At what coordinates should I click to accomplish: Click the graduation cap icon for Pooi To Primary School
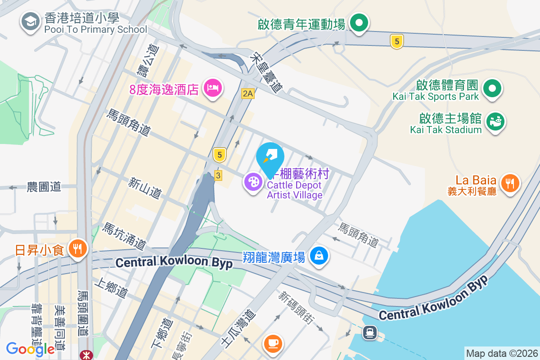[31, 21]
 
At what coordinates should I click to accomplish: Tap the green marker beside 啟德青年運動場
[359, 22]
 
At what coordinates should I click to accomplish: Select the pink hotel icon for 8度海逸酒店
[212, 87]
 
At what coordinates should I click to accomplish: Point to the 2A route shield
[247, 93]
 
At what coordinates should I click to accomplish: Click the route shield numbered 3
[218, 175]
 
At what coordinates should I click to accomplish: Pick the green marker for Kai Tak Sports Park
[492, 88]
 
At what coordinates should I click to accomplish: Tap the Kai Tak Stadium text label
[445, 130]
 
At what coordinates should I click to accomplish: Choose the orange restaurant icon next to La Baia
[509, 183]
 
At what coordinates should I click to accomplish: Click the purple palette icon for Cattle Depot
[253, 182]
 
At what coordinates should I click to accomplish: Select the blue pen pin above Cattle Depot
[270, 156]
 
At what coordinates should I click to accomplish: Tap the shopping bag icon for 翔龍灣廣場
[319, 256]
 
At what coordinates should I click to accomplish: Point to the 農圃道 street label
[44, 187]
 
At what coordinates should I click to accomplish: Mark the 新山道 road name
[144, 188]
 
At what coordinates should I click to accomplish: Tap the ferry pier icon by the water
[370, 333]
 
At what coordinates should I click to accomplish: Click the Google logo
[31, 349]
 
